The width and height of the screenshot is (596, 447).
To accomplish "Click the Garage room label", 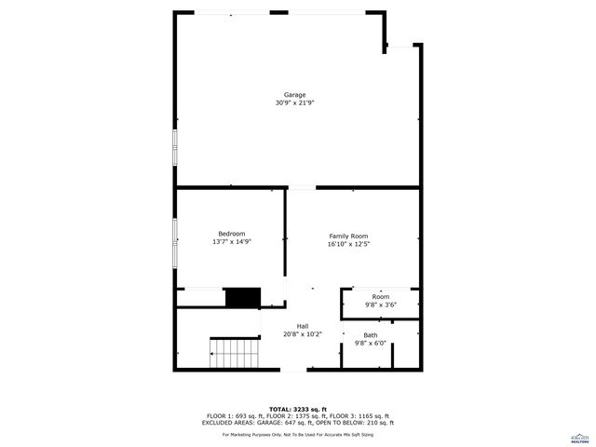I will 294,95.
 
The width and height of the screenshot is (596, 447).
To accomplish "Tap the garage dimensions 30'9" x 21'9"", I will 294,103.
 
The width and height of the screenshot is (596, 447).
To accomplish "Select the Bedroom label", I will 232,233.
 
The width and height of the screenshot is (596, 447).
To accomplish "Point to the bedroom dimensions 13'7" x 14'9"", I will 232,241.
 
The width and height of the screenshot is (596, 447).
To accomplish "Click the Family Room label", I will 349,237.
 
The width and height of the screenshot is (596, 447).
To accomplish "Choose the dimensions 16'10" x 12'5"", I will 349,245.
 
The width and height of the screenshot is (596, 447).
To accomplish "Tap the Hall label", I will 303,325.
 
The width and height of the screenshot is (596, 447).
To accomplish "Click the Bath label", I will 371,334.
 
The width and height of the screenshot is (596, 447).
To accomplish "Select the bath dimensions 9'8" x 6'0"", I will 371,343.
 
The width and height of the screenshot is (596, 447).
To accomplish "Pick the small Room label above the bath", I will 381,296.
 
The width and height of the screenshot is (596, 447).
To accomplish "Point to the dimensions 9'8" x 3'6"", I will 381,305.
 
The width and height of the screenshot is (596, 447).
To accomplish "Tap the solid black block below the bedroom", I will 242,297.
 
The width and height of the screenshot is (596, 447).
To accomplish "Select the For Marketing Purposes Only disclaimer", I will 298,434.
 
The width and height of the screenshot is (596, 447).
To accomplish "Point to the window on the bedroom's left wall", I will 174,241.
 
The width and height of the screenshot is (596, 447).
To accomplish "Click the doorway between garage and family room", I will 301,188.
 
